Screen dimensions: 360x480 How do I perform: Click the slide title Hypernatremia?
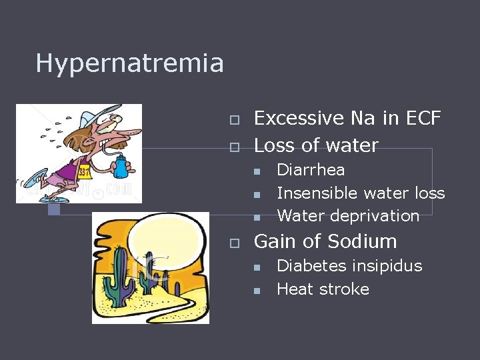coord(129,63)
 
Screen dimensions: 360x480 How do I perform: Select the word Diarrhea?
coord(311,169)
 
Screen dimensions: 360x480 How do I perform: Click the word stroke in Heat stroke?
coord(343,289)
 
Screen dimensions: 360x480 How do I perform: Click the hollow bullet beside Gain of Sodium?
coord(234,243)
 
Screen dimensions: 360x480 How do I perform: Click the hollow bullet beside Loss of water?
coord(234,147)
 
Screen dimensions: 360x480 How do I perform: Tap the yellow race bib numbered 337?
coord(85,172)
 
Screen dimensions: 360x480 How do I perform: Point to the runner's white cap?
coord(95,115)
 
